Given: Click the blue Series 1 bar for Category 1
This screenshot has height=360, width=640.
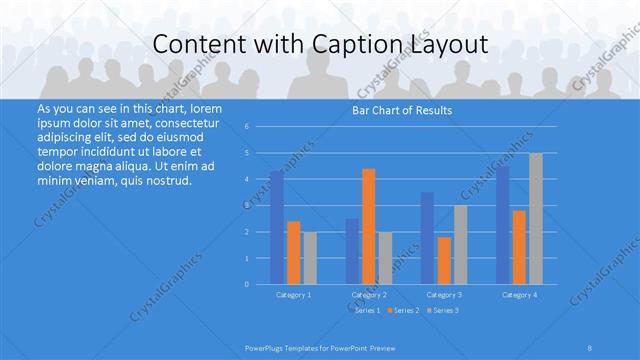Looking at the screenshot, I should coord(277,228).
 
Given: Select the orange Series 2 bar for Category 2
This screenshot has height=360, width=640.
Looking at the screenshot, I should coord(369,227).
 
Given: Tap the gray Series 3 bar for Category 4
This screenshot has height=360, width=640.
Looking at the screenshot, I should coord(536,219).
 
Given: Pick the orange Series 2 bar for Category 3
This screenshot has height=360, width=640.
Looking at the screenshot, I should coord(444,261).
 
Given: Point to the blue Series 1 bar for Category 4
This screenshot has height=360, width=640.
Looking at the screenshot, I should coord(503,225).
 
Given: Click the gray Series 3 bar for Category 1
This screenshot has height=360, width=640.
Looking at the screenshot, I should coord(310,258).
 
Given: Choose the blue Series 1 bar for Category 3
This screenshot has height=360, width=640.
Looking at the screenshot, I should coord(428,238).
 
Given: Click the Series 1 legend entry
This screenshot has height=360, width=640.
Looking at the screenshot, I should coord(367,311).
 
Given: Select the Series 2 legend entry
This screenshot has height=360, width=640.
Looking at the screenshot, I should coord(404,311).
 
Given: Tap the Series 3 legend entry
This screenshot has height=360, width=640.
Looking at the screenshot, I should coord(442,311).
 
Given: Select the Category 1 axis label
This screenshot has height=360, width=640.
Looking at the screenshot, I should coord(293,295).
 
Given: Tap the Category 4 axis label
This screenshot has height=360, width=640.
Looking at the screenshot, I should coord(520,295).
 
